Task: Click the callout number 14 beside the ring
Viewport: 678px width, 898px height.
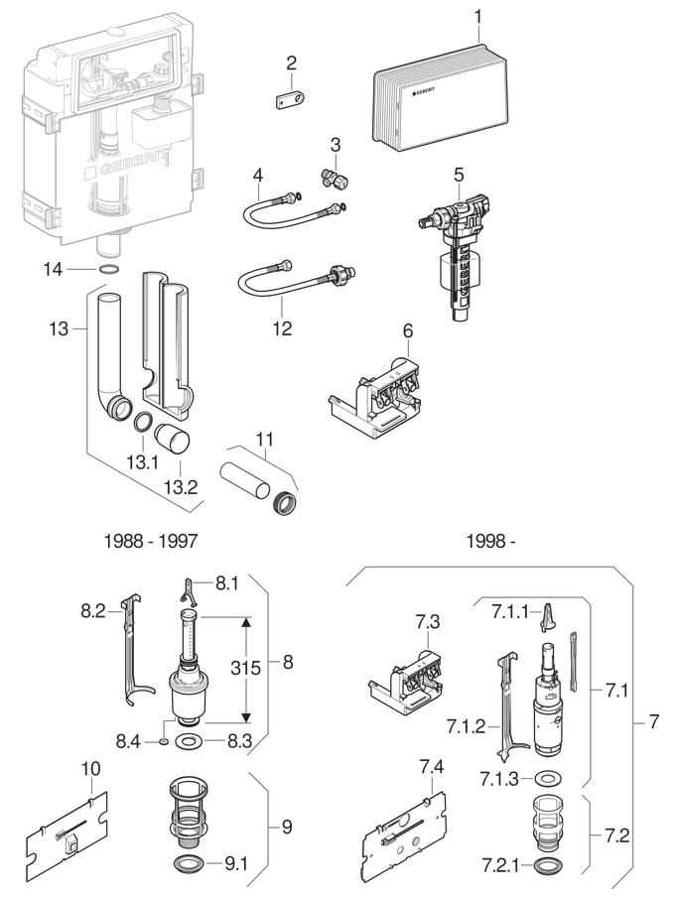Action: tap(53, 269)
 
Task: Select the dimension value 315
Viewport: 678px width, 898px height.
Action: tap(246, 668)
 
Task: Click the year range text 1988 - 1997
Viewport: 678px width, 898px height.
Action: tap(151, 541)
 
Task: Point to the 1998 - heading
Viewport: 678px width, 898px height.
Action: tap(490, 541)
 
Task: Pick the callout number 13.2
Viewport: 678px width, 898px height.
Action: tap(181, 487)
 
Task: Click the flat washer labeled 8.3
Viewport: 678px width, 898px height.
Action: tap(187, 741)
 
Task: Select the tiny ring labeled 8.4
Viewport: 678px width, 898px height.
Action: tap(164, 742)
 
